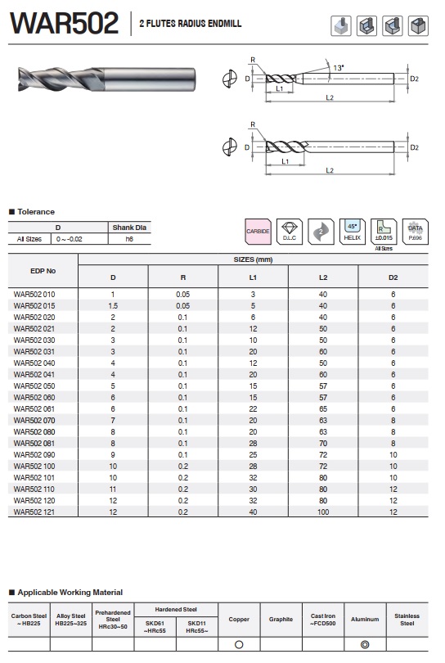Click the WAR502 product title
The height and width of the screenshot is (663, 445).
(65, 23)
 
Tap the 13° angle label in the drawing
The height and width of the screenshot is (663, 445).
(339, 68)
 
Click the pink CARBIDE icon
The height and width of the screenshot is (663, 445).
(258, 232)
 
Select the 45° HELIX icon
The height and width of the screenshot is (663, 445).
(352, 232)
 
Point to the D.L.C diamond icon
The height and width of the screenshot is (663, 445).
(289, 232)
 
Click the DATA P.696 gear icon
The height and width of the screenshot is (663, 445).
(415, 232)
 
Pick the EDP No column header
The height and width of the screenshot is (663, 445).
(43, 271)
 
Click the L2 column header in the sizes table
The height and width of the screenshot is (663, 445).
(323, 277)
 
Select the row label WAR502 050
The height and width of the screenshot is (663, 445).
(34, 386)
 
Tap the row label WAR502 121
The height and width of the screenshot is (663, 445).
(34, 512)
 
